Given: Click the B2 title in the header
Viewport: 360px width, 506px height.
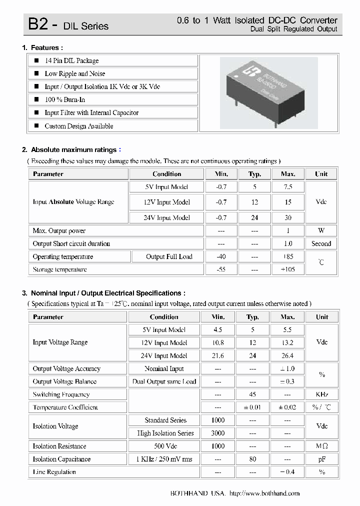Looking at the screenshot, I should [37, 24].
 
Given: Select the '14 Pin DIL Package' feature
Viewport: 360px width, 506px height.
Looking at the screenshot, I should [71, 60].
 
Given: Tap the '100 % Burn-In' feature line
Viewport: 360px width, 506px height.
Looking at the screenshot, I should [65, 99].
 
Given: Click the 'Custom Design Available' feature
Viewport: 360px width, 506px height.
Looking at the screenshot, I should [78, 126].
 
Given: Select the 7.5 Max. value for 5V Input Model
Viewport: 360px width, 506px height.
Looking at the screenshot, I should [287, 187].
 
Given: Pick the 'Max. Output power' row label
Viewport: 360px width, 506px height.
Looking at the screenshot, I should [59, 231].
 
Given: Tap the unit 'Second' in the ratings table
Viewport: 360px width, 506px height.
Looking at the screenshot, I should [321, 244].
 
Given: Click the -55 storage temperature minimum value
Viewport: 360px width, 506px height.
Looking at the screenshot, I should [221, 269].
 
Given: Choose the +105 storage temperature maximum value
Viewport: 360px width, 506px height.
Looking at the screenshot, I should [287, 269].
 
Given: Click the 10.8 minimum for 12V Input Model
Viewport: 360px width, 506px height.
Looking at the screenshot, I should [218, 343].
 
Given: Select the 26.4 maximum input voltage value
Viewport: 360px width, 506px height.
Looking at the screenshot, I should [287, 356].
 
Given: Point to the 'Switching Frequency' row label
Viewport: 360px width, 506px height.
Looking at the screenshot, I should [61, 394].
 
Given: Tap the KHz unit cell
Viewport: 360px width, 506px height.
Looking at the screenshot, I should [322, 394].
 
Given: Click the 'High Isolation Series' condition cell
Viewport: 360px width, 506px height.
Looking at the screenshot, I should [165, 433].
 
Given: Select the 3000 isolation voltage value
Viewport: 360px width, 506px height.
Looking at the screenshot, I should [218, 433].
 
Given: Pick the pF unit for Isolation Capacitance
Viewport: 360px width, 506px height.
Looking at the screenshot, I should [322, 459].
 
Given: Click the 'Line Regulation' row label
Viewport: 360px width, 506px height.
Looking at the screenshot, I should [54, 472].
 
